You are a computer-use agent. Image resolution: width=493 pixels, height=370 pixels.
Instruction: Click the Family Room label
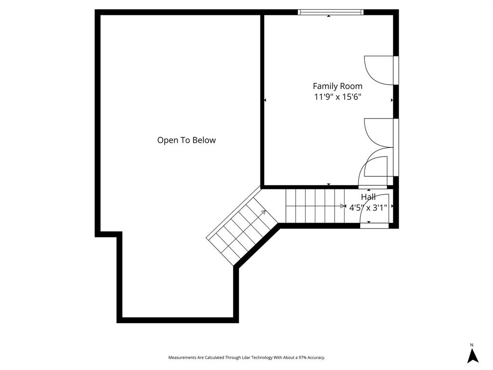click(x=337, y=86)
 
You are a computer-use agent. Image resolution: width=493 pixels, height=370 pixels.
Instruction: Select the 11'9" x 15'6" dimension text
click(x=337, y=97)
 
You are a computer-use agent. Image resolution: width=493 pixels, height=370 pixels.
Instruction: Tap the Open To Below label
click(x=186, y=140)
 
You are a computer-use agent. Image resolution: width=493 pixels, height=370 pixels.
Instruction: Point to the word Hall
click(x=368, y=197)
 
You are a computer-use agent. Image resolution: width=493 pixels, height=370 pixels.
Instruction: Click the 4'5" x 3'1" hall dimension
click(x=368, y=208)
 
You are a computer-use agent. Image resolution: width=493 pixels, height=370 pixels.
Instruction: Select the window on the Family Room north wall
click(x=330, y=12)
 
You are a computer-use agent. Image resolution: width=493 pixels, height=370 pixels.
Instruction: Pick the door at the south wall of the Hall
click(x=375, y=225)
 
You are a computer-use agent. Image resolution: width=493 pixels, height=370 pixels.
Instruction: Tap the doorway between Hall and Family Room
click(x=373, y=187)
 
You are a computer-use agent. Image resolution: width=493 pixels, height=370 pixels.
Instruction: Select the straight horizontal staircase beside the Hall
click(x=315, y=206)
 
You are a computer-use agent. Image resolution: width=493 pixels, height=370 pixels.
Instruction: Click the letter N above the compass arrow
click(x=472, y=344)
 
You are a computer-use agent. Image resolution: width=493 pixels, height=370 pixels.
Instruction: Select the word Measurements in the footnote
click(x=182, y=357)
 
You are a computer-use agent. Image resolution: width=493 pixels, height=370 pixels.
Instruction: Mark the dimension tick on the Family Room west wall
click(x=265, y=100)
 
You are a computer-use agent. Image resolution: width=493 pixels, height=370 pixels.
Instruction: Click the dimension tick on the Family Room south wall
click(x=329, y=185)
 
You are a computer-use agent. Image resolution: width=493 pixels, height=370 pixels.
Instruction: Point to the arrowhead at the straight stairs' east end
click(x=343, y=206)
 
